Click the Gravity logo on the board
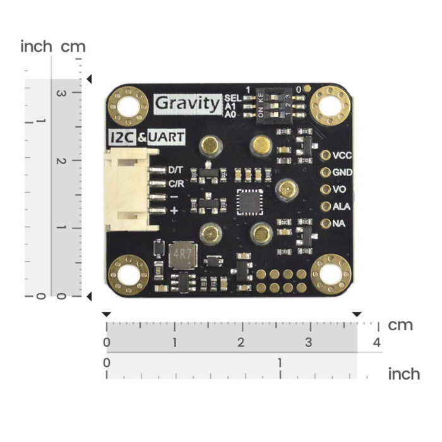(188, 102)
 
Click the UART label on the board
(165, 138)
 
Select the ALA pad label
(342, 206)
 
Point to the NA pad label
(338, 223)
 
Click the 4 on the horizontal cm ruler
(377, 343)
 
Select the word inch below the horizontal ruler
(403, 374)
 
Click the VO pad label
(339, 189)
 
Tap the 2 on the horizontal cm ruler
(241, 343)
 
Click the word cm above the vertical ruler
(73, 46)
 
